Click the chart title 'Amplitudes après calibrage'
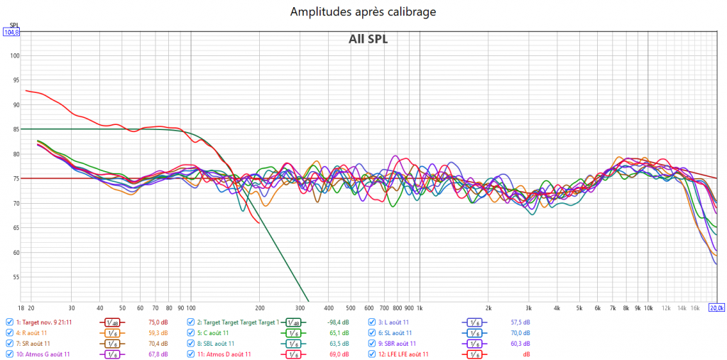(x=363, y=12)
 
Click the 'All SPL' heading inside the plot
(x=368, y=39)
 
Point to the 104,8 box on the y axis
(x=11, y=32)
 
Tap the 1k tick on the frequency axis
(x=419, y=308)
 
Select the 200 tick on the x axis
(x=260, y=308)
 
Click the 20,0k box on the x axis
(x=717, y=307)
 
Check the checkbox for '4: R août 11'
(x=9, y=332)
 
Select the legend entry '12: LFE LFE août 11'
(x=403, y=354)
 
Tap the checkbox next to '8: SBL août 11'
(x=191, y=343)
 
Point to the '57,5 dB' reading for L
(x=520, y=322)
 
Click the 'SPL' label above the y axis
(x=13, y=25)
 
